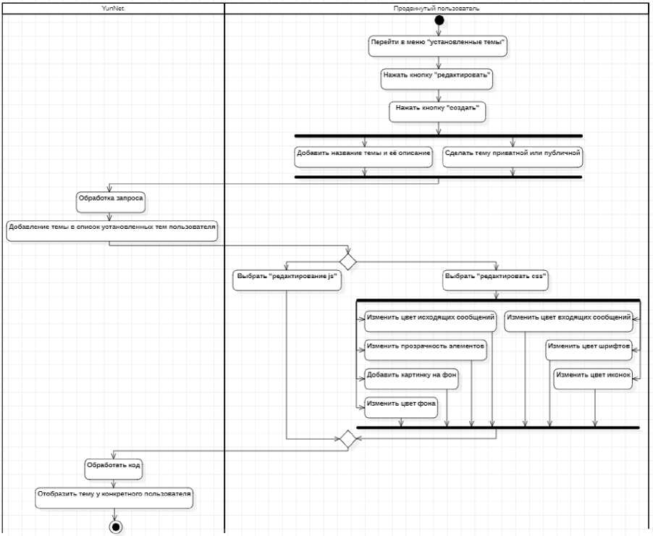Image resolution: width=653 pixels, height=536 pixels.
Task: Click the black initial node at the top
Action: pyautogui.click(x=439, y=20)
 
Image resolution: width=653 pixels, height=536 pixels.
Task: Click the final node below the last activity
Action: pyautogui.click(x=115, y=527)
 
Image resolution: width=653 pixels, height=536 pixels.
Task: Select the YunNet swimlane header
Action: pyautogui.click(x=113, y=8)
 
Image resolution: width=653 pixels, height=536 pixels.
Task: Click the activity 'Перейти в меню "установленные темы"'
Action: pyautogui.click(x=437, y=43)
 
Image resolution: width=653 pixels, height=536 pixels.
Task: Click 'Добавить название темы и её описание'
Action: pyautogui.click(x=364, y=154)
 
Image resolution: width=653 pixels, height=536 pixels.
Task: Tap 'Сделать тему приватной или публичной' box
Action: pyautogui.click(x=513, y=154)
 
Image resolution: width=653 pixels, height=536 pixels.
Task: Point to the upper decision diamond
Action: pyautogui.click(x=348, y=259)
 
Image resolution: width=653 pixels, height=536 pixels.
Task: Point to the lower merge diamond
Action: pyautogui.click(x=347, y=438)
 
